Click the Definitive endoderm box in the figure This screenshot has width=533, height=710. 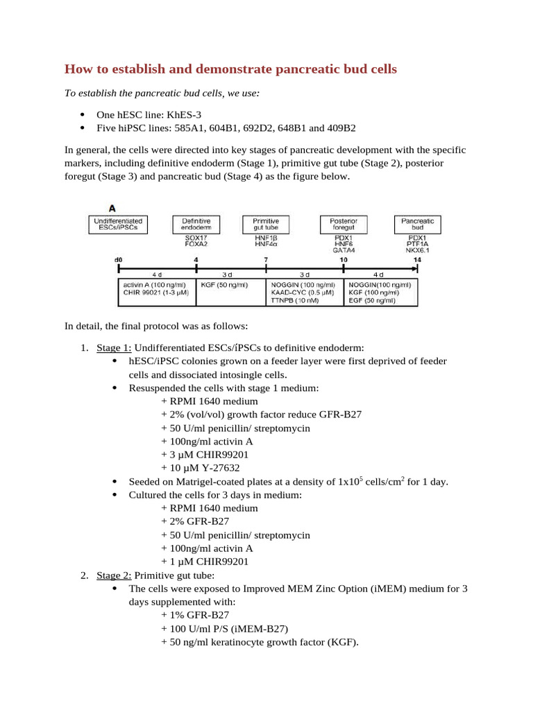coord(196,224)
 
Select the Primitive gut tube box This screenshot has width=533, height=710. coord(266,224)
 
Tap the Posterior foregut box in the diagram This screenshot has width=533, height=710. coord(343,224)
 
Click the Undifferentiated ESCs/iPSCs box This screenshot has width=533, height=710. coord(118,224)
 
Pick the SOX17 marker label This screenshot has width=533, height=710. coord(196,238)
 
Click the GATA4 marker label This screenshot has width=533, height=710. coord(343,250)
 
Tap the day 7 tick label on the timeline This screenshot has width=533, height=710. coord(266,260)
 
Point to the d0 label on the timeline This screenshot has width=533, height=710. coord(118,260)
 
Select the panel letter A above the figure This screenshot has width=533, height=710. coord(111,207)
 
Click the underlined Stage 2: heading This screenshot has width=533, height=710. coord(114,575)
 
